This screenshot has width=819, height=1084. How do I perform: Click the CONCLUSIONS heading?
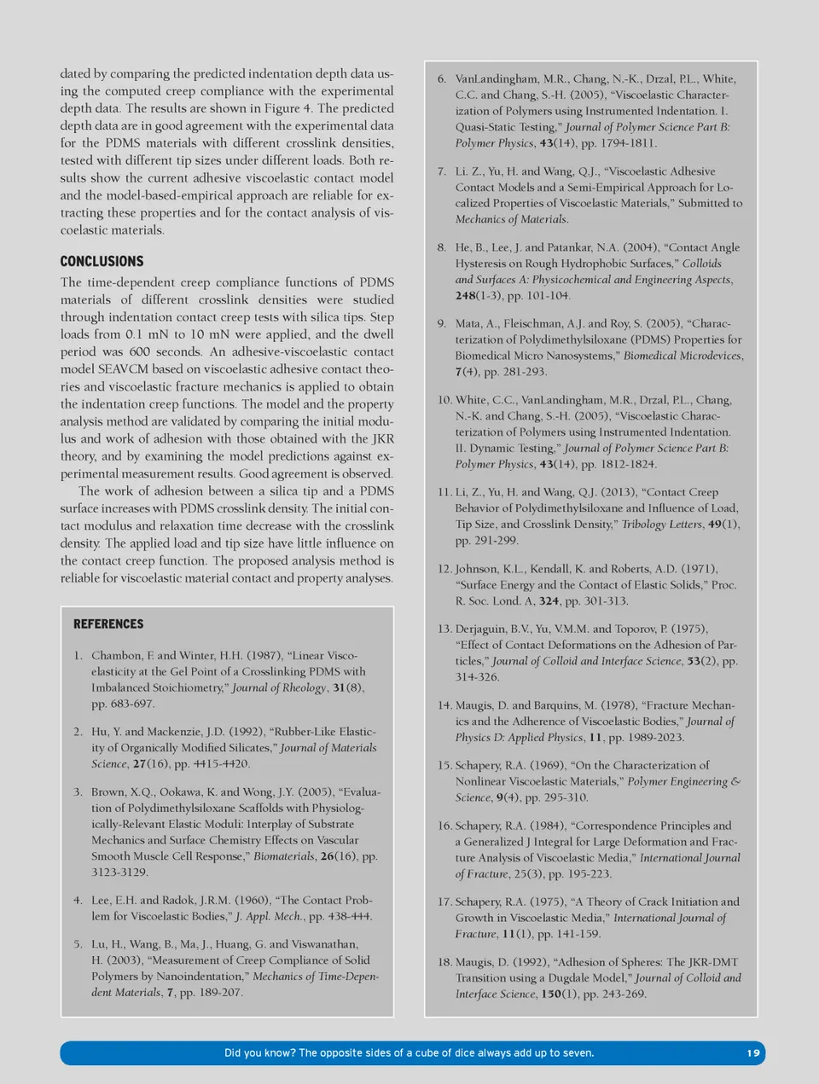102,261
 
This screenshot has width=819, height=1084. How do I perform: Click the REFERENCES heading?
108,623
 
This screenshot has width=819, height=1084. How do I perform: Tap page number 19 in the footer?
752,1052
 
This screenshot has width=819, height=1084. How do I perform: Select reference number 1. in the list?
78,655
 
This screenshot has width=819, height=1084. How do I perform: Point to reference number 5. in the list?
78,943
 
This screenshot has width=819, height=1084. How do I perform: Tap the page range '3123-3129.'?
119,872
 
